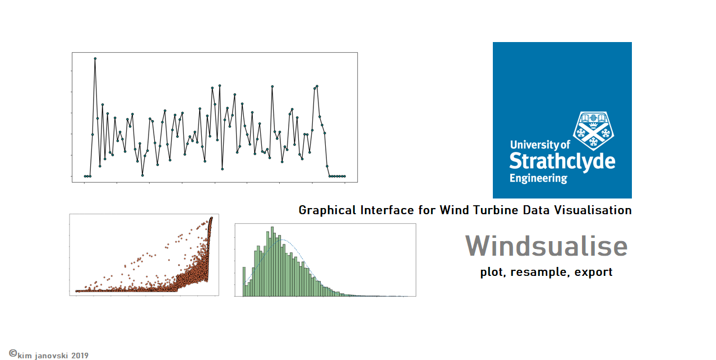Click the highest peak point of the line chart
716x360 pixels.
pos(95,58)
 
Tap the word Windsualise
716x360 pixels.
pos(546,246)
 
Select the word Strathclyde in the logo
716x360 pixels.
pos(562,161)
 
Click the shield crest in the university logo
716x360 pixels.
pos(594,131)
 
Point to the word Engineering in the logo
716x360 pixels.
pos(538,178)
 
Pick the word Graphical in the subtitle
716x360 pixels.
pos(327,210)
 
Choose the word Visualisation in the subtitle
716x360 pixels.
pos(593,210)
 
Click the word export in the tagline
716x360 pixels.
pos(593,272)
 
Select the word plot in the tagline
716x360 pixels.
pos(492,272)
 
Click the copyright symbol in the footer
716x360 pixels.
pos(13,353)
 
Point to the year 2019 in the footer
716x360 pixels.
pos(80,356)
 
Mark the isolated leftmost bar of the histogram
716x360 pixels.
pos(244,281)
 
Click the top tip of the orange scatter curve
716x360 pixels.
pos(211,218)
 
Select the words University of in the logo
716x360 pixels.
pos(540,145)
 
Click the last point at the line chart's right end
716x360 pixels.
pos(345,176)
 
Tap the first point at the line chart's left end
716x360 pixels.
pos(85,176)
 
